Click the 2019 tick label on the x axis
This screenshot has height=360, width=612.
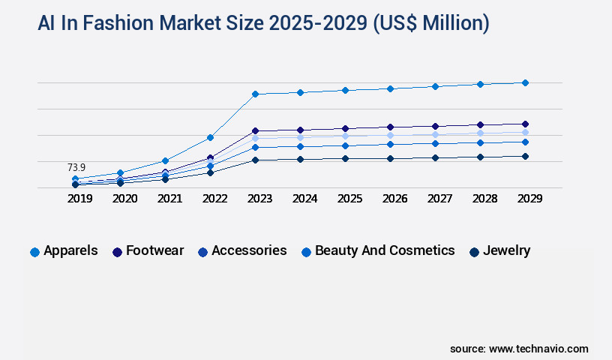coord(79,199)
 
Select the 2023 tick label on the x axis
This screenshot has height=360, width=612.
coord(259,199)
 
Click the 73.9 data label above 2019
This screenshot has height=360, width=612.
coord(76,167)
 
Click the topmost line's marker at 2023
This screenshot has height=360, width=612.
coord(255,94)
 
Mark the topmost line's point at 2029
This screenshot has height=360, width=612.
coord(525,82)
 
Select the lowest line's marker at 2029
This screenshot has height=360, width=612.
coord(525,156)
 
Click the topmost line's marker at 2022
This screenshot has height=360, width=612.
coord(210,137)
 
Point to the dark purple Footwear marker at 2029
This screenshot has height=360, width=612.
coord(525,124)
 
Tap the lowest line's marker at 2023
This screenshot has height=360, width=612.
coord(255,160)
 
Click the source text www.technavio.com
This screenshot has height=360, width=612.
coord(538,349)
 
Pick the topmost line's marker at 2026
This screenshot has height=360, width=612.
coord(390,88)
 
